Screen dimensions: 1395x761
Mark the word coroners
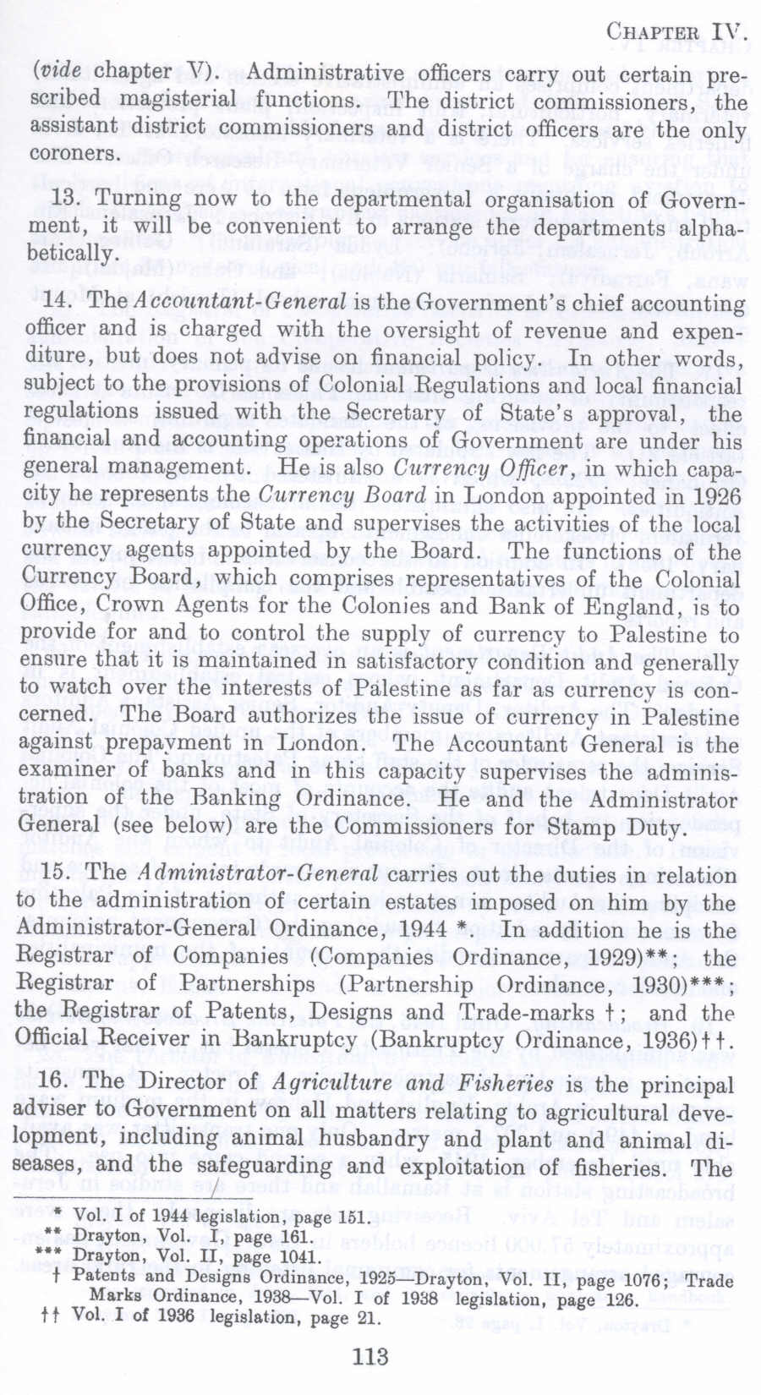pyautogui.click(x=74, y=154)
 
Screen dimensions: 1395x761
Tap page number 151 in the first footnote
pyautogui.click(x=353, y=1218)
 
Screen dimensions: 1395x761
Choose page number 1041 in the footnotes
pyautogui.click(x=300, y=1257)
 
